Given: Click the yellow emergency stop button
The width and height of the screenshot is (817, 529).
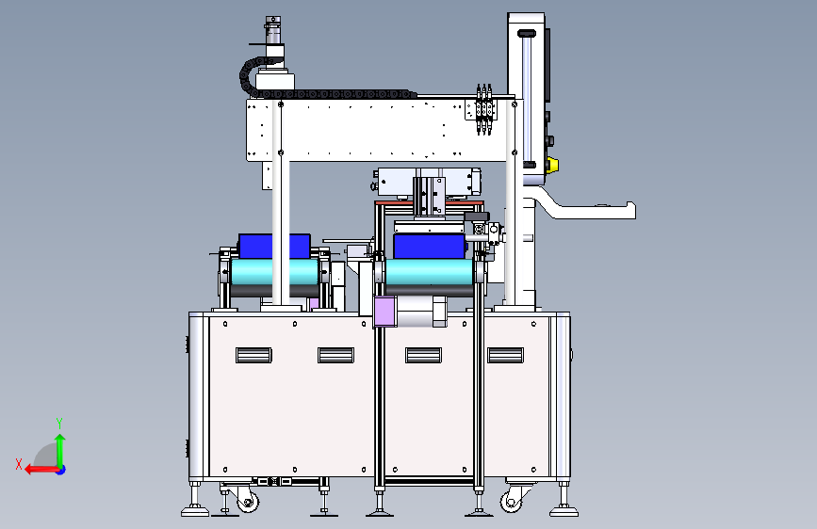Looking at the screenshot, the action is tap(553, 165).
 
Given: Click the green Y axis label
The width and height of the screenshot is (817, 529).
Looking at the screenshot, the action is tap(59, 423).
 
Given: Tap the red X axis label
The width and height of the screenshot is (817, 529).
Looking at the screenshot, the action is tap(19, 464).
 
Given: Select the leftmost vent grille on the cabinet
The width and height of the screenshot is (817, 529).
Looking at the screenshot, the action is tap(253, 355).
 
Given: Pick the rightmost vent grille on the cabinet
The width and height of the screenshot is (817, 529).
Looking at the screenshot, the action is tap(505, 355).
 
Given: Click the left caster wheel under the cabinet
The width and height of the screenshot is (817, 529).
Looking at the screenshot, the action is tap(247, 502).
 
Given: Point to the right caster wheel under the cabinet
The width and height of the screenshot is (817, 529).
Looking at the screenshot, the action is tap(511, 502).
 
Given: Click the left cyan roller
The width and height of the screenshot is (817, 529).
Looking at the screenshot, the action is tap(274, 272).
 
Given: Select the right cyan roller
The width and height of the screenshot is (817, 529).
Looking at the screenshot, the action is tap(430, 272).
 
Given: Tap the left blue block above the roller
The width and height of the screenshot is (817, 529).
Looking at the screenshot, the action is tap(274, 247).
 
